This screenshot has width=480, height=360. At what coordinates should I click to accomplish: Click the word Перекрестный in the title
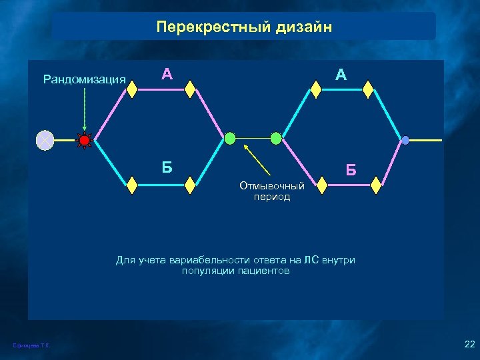pos(210,27)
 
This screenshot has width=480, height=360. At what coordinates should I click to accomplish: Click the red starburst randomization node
pos(84,140)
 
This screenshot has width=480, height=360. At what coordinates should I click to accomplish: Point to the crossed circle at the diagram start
pos(45,140)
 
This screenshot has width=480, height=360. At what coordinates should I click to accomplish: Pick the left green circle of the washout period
pos(230,138)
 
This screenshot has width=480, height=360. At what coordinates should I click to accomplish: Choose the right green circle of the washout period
pos(276,138)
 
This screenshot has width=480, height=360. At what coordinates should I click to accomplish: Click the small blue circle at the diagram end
pos(405,140)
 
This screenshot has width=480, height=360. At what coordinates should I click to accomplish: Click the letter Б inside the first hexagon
pos(167,167)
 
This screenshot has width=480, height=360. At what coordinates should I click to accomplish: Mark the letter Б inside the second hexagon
pos(351,171)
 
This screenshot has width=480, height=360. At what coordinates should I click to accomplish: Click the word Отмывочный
pos(272,186)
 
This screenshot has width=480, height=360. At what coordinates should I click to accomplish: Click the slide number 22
pos(468,343)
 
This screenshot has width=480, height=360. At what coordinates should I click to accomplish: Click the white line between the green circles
pos(253,139)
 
